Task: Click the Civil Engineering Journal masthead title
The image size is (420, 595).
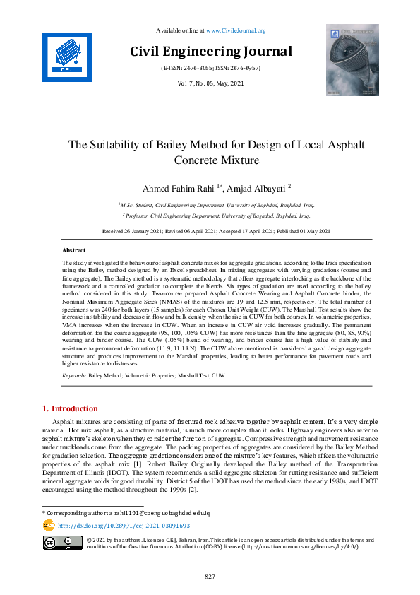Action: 210,52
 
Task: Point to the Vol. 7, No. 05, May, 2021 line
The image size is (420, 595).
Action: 210,83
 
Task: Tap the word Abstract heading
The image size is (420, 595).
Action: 74,251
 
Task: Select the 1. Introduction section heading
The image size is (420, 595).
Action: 71,409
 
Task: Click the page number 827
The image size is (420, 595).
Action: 210,577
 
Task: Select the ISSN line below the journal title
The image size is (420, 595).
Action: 210,68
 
